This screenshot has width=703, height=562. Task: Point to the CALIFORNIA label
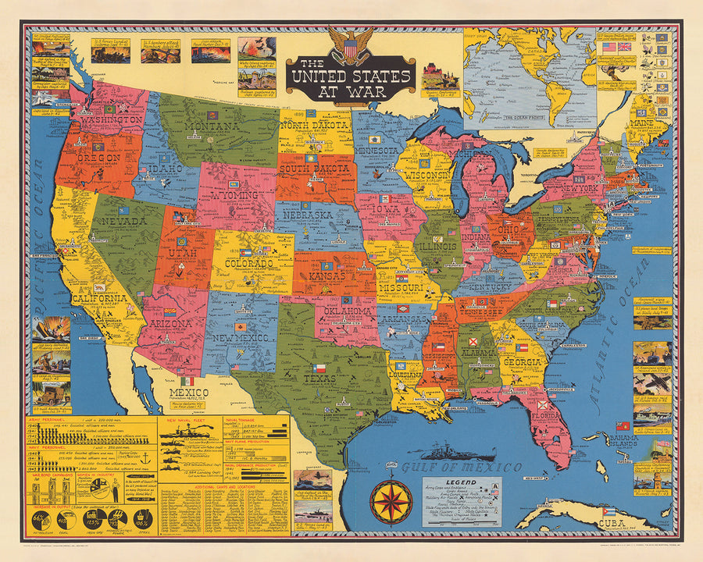(99, 299)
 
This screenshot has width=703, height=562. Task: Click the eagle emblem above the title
(349, 44)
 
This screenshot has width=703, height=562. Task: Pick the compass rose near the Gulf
(391, 500)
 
